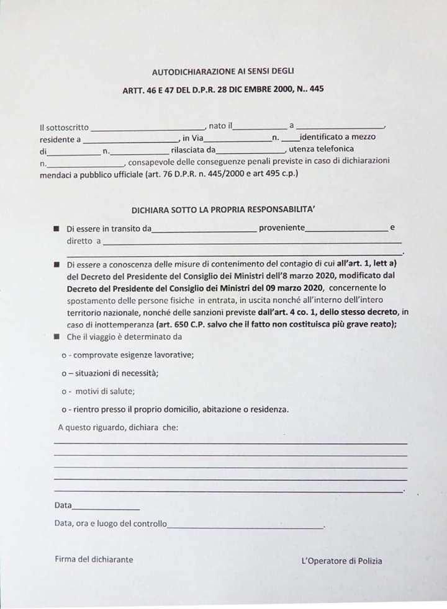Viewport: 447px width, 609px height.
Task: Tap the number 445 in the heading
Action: (317, 89)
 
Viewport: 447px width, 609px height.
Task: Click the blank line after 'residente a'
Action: (130, 140)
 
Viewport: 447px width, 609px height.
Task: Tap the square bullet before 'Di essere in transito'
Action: (56, 228)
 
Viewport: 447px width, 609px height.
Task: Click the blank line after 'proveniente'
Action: (346, 230)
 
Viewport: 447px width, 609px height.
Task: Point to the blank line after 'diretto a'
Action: (252, 242)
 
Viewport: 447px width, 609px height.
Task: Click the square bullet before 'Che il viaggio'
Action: (56, 337)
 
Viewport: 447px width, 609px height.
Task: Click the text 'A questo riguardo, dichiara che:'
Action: (118, 427)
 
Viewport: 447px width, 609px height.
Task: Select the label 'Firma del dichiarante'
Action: (94, 559)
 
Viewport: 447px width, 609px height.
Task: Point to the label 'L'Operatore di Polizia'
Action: (341, 561)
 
